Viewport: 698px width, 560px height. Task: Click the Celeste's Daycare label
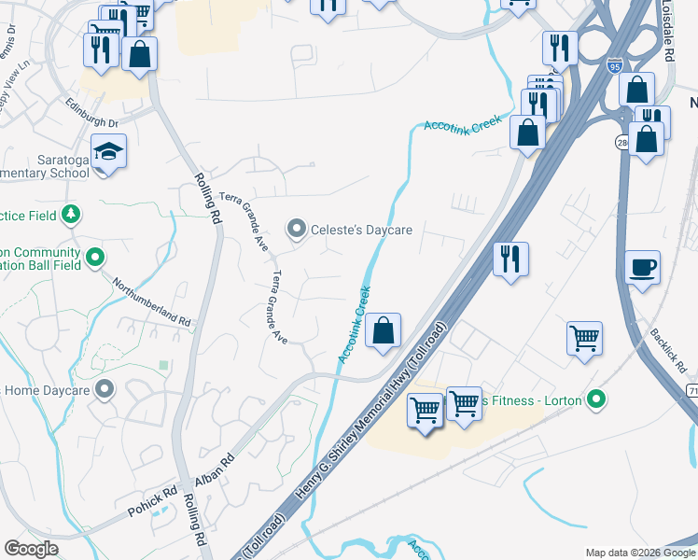click(x=361, y=230)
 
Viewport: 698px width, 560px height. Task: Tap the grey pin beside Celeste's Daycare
click(x=297, y=228)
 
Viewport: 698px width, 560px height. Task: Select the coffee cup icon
click(x=642, y=268)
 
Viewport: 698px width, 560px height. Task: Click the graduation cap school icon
click(x=107, y=151)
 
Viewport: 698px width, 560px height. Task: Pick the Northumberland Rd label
click(x=152, y=301)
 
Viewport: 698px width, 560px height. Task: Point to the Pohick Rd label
click(x=152, y=502)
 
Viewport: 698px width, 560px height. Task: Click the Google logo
click(x=32, y=549)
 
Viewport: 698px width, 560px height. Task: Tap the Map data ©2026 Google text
click(x=639, y=552)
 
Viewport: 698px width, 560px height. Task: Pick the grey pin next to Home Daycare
click(x=105, y=389)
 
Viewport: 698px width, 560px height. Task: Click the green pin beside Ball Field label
click(x=94, y=257)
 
